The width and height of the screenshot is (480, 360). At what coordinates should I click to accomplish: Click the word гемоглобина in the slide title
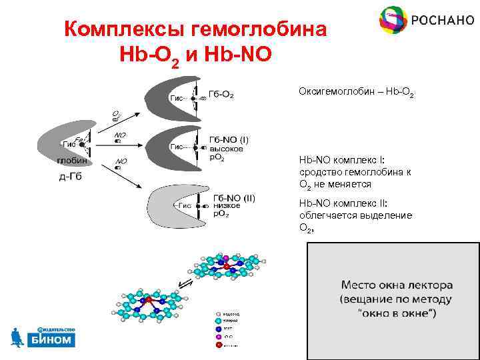tap(261, 29)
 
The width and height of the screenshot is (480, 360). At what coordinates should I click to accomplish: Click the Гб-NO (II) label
tap(234, 198)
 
